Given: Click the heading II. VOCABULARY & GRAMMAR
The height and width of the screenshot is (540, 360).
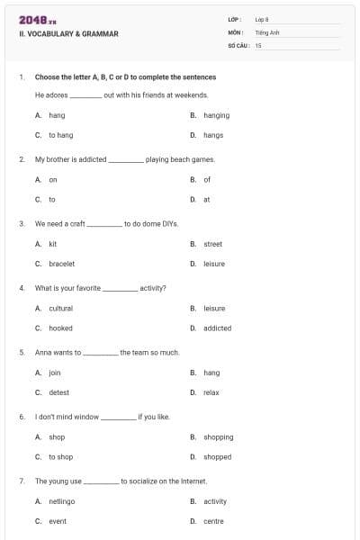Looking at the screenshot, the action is click(x=68, y=34).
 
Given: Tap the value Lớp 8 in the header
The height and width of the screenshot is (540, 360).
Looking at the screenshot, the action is click(x=261, y=18).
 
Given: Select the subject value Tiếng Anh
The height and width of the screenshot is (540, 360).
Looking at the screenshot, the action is click(x=265, y=31).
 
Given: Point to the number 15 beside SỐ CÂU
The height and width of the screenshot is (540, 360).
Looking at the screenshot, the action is click(x=258, y=44).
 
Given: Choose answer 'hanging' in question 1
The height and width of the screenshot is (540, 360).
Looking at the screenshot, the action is click(x=216, y=115).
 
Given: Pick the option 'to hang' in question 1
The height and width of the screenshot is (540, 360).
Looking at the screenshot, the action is click(x=60, y=135).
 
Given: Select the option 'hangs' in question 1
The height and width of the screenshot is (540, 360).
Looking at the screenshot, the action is click(x=212, y=135).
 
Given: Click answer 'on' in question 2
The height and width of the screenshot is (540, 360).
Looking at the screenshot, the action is click(x=52, y=179).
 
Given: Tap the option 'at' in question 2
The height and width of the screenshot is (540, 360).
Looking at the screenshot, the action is click(x=206, y=199).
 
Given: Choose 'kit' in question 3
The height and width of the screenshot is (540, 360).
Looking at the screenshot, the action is click(x=52, y=244).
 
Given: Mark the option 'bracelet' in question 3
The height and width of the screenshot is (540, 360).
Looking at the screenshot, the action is click(x=61, y=264).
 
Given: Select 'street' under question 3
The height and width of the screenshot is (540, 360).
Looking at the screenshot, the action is click(x=212, y=244).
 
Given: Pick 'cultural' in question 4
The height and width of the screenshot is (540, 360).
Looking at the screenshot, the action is click(x=60, y=308).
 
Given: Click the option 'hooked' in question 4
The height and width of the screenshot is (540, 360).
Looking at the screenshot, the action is click(x=60, y=328).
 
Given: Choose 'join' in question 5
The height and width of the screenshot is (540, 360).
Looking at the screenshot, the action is click(x=54, y=373).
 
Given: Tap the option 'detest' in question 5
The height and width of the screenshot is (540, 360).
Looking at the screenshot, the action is click(x=58, y=392).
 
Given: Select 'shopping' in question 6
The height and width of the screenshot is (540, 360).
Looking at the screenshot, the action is click(x=218, y=436).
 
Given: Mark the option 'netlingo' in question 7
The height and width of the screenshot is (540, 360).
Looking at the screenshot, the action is click(x=61, y=501).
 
